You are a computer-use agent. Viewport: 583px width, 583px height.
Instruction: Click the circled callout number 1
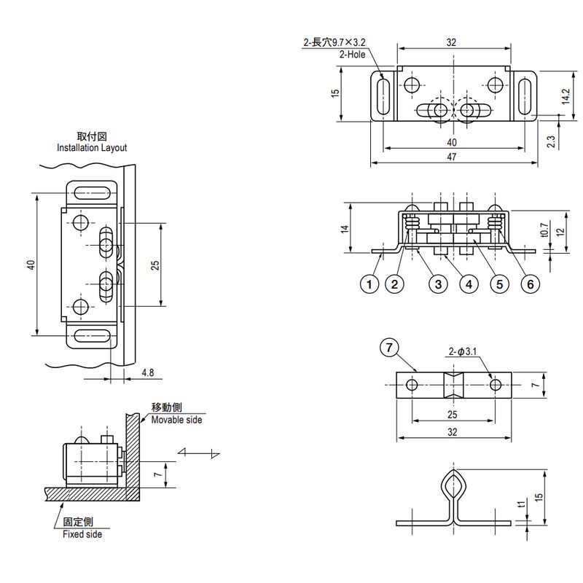click(371, 284)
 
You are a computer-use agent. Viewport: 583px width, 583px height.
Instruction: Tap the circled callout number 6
click(530, 284)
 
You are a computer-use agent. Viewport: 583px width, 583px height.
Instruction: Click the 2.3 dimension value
click(551, 140)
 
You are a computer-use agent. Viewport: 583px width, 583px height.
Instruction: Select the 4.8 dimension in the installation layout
click(147, 372)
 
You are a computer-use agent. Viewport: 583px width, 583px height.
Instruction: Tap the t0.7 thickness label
click(544, 230)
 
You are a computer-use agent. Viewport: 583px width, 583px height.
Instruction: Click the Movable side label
click(177, 420)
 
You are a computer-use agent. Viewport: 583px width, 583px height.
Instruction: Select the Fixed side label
click(82, 534)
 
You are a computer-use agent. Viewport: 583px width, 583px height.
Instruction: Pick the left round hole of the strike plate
click(412, 384)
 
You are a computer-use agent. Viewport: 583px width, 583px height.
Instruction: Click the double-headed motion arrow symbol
click(199, 453)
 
